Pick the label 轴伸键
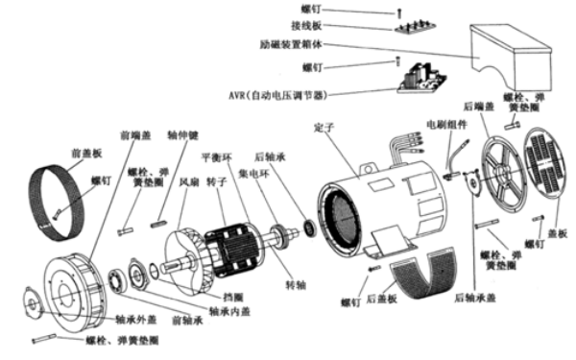(182, 136)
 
